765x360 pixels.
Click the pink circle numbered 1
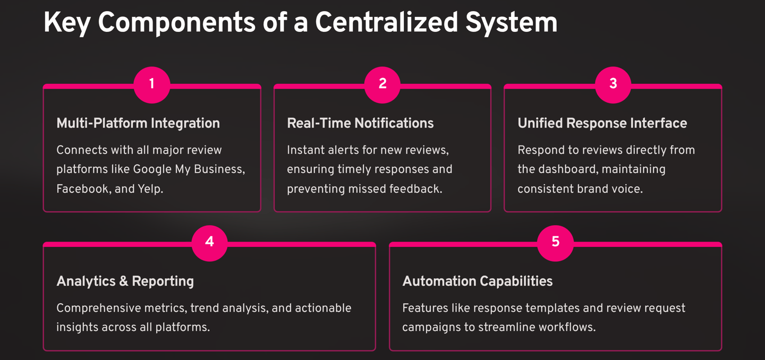coord(152,84)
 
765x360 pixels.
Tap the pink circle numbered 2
coord(382,84)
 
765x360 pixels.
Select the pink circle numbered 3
coord(613,84)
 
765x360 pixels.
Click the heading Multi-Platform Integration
coord(138,124)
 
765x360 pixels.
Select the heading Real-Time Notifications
coord(360,124)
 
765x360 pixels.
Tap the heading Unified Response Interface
coord(602,124)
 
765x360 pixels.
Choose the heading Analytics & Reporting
coord(125,281)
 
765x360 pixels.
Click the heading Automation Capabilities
coord(477,281)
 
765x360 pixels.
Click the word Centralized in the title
coord(386,23)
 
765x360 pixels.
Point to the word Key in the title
coord(67,24)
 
